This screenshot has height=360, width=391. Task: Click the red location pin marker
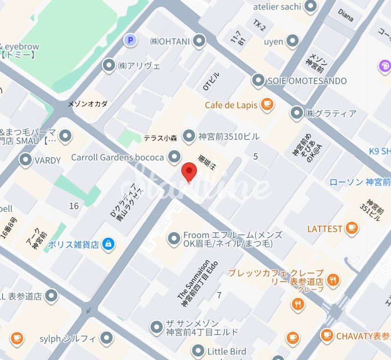189,172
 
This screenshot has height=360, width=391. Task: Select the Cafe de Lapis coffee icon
266,104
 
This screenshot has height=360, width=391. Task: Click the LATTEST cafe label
325,228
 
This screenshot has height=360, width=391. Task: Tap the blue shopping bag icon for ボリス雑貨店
109,244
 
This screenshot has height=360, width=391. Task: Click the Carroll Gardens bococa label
117,157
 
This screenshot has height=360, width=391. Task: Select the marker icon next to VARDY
25,160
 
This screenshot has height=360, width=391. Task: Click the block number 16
74,206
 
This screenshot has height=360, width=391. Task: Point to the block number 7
219,295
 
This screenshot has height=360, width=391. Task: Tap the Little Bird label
227,351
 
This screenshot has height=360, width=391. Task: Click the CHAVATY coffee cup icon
327,336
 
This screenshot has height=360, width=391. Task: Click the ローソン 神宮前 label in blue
360,182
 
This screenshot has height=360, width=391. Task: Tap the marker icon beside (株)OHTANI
199,41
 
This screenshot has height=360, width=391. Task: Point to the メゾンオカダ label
87,104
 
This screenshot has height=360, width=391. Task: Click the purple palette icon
384,66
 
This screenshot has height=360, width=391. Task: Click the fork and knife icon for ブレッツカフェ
334,280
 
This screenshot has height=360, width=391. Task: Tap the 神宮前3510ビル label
229,136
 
